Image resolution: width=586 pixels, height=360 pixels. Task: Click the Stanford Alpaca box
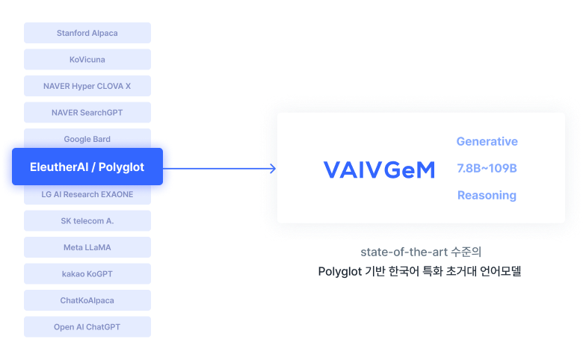coord(87,33)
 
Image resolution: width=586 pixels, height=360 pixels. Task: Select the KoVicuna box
coord(87,60)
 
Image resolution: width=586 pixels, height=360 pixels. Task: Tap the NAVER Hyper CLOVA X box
coord(87,86)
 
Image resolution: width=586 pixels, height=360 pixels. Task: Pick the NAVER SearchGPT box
coord(87,113)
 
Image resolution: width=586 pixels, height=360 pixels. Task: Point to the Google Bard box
coord(87,138)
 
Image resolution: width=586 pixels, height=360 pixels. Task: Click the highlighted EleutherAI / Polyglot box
coord(87,167)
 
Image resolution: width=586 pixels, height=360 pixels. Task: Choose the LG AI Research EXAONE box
coord(87,195)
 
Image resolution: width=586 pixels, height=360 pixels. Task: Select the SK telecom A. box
coord(87,221)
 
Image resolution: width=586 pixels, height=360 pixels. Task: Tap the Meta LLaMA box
coord(87,247)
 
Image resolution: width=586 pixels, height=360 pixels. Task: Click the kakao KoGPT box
coord(87,274)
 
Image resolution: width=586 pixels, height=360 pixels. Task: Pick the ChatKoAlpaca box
coord(87,300)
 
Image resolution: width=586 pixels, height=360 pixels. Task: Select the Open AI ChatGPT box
coord(87,327)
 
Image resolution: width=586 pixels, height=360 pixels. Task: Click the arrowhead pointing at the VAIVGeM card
coord(274,169)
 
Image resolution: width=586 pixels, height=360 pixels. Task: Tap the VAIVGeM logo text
coord(379,170)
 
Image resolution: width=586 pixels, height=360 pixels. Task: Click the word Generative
coord(487,141)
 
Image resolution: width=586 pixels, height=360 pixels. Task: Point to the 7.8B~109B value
coord(487,168)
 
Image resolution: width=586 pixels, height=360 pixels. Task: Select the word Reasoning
coord(487,195)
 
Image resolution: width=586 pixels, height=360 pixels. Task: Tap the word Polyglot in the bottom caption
coord(339,271)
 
